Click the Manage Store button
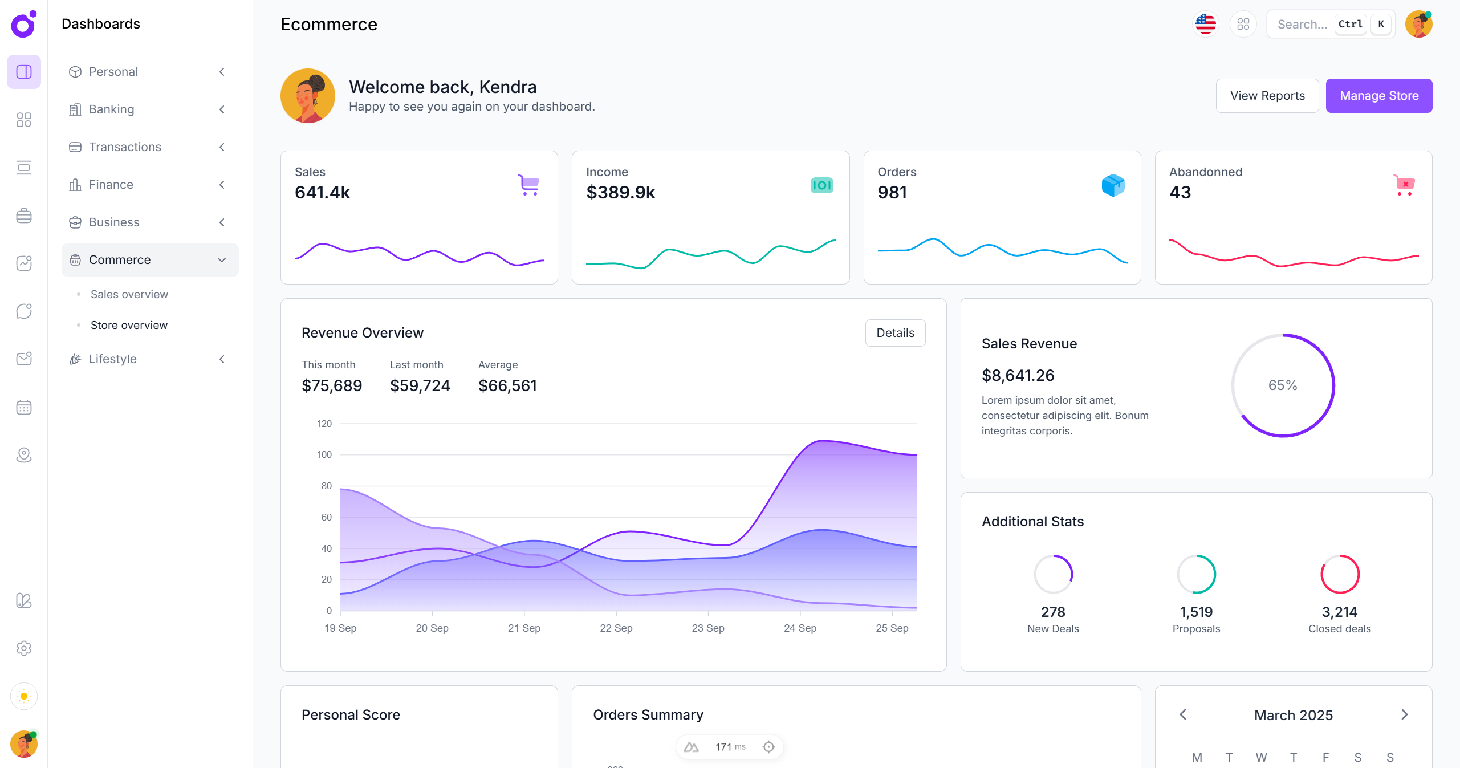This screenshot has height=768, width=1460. [x=1378, y=96]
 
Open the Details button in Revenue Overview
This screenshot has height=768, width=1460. [x=895, y=333]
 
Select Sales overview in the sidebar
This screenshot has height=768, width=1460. [x=129, y=294]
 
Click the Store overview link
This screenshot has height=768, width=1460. [x=129, y=325]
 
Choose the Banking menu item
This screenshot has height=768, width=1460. [x=112, y=109]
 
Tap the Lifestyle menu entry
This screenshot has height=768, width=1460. [x=113, y=359]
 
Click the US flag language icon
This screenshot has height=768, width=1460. [x=1205, y=24]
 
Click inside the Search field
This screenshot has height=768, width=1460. [x=1302, y=24]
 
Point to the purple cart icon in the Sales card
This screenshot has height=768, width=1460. [x=529, y=185]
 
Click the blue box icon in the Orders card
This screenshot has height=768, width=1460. [x=1113, y=185]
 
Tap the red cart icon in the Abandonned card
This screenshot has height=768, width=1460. [x=1404, y=185]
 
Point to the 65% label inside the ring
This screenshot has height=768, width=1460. [x=1283, y=385]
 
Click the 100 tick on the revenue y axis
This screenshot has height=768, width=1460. [x=324, y=454]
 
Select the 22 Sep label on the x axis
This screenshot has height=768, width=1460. [x=616, y=628]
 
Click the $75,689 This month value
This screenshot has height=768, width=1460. [x=332, y=386]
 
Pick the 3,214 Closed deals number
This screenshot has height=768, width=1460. [x=1339, y=612]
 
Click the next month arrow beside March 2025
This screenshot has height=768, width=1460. [x=1404, y=714]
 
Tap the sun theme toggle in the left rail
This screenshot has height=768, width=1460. [x=24, y=696]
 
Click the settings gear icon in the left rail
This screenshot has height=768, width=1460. [x=24, y=648]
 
